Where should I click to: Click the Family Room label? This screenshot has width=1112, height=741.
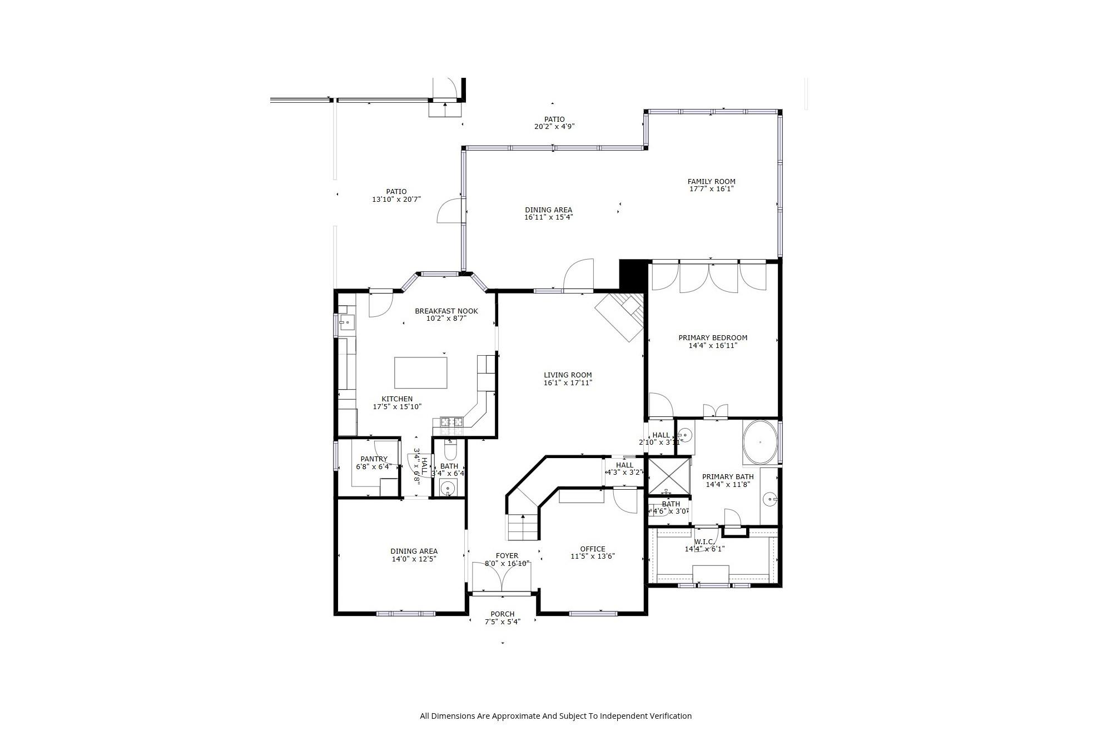click(x=711, y=181)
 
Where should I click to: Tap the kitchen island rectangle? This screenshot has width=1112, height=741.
click(x=420, y=372)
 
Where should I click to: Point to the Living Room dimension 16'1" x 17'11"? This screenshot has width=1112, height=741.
click(x=568, y=382)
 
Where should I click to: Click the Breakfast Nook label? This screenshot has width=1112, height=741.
click(x=446, y=311)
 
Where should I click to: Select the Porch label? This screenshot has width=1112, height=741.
click(x=502, y=614)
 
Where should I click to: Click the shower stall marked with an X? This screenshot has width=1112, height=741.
click(x=669, y=475)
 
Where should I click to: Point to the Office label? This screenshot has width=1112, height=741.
click(x=592, y=549)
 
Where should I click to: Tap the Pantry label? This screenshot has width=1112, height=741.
click(x=374, y=459)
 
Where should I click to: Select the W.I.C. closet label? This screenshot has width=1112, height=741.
click(x=703, y=541)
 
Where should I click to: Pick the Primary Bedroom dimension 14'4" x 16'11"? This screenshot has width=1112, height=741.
click(x=713, y=345)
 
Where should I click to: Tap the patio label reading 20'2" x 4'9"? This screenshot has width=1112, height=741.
click(x=554, y=126)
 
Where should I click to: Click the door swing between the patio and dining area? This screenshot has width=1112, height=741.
click(x=449, y=211)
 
